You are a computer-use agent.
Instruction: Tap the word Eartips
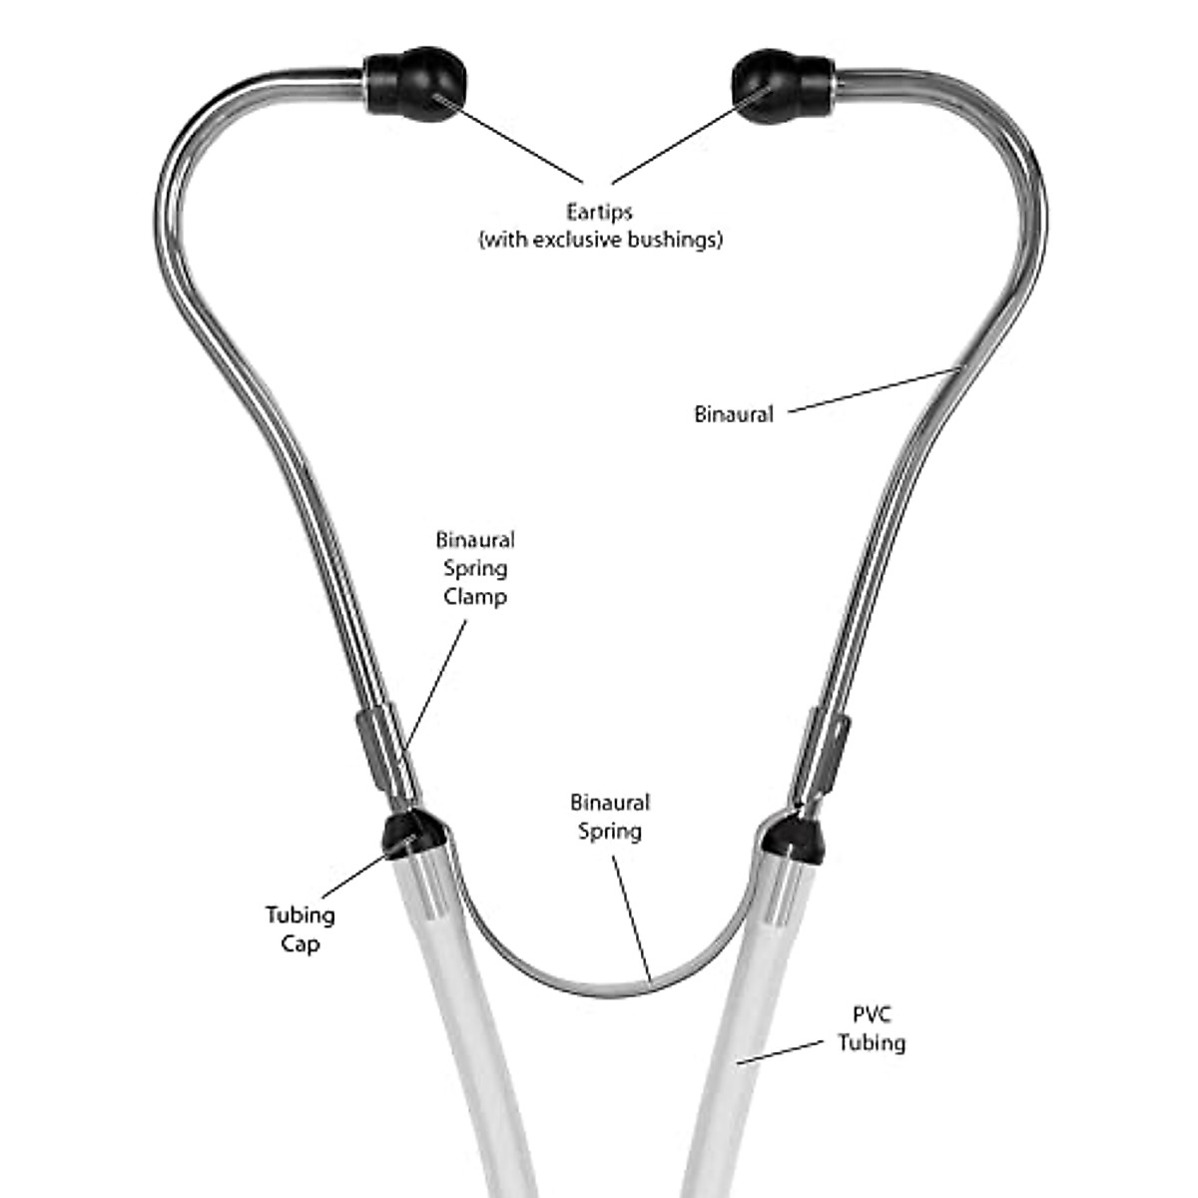click(600, 213)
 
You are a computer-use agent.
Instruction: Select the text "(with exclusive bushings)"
click(600, 241)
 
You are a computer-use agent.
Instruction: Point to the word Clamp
click(475, 597)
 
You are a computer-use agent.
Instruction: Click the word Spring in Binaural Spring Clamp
click(475, 569)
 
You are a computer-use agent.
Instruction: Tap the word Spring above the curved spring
click(610, 831)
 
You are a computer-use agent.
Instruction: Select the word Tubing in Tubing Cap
click(299, 914)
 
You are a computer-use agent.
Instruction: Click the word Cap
click(299, 943)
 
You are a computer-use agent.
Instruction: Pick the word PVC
click(871, 1015)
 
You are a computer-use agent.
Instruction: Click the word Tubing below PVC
click(871, 1043)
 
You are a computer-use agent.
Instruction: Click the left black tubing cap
click(409, 833)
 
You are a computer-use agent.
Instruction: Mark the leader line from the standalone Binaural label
click(869, 390)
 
